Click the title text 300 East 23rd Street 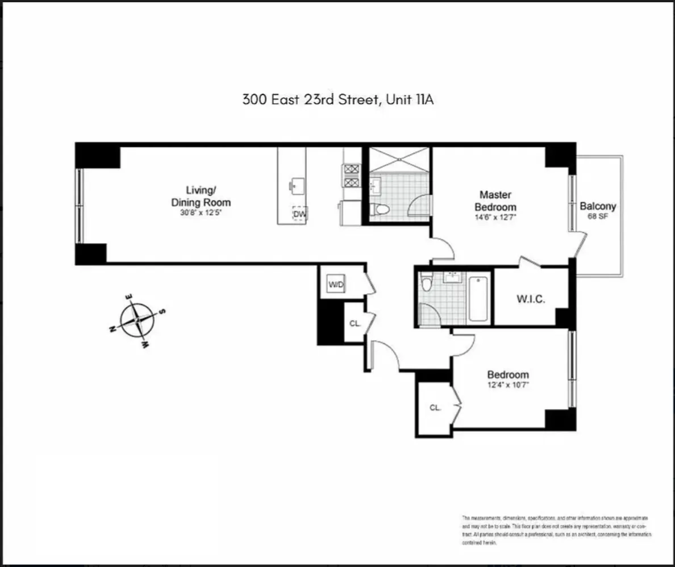tap(339, 100)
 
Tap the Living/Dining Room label tap(201, 196)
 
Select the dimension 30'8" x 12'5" tap(201, 214)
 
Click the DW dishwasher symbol tap(299, 214)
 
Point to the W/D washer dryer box tap(336, 284)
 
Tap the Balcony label tap(598, 207)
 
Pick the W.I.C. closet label tap(530, 299)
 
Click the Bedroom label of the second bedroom tap(508, 375)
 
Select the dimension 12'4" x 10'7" tap(508, 385)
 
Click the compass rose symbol tap(137, 320)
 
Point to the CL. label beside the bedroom tap(435, 407)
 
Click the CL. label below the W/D tap(355, 323)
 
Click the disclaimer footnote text tap(556, 531)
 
